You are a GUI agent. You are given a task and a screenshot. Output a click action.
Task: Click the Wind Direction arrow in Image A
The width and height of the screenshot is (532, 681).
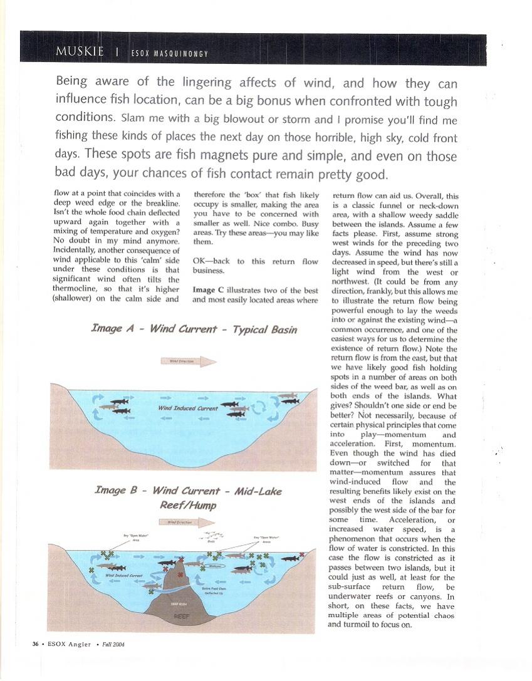click(x=189, y=361)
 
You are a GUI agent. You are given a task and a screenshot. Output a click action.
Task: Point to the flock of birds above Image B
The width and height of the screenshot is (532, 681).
click(x=214, y=537)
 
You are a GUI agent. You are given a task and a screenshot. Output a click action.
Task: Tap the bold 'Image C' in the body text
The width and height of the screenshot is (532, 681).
click(x=204, y=290)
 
